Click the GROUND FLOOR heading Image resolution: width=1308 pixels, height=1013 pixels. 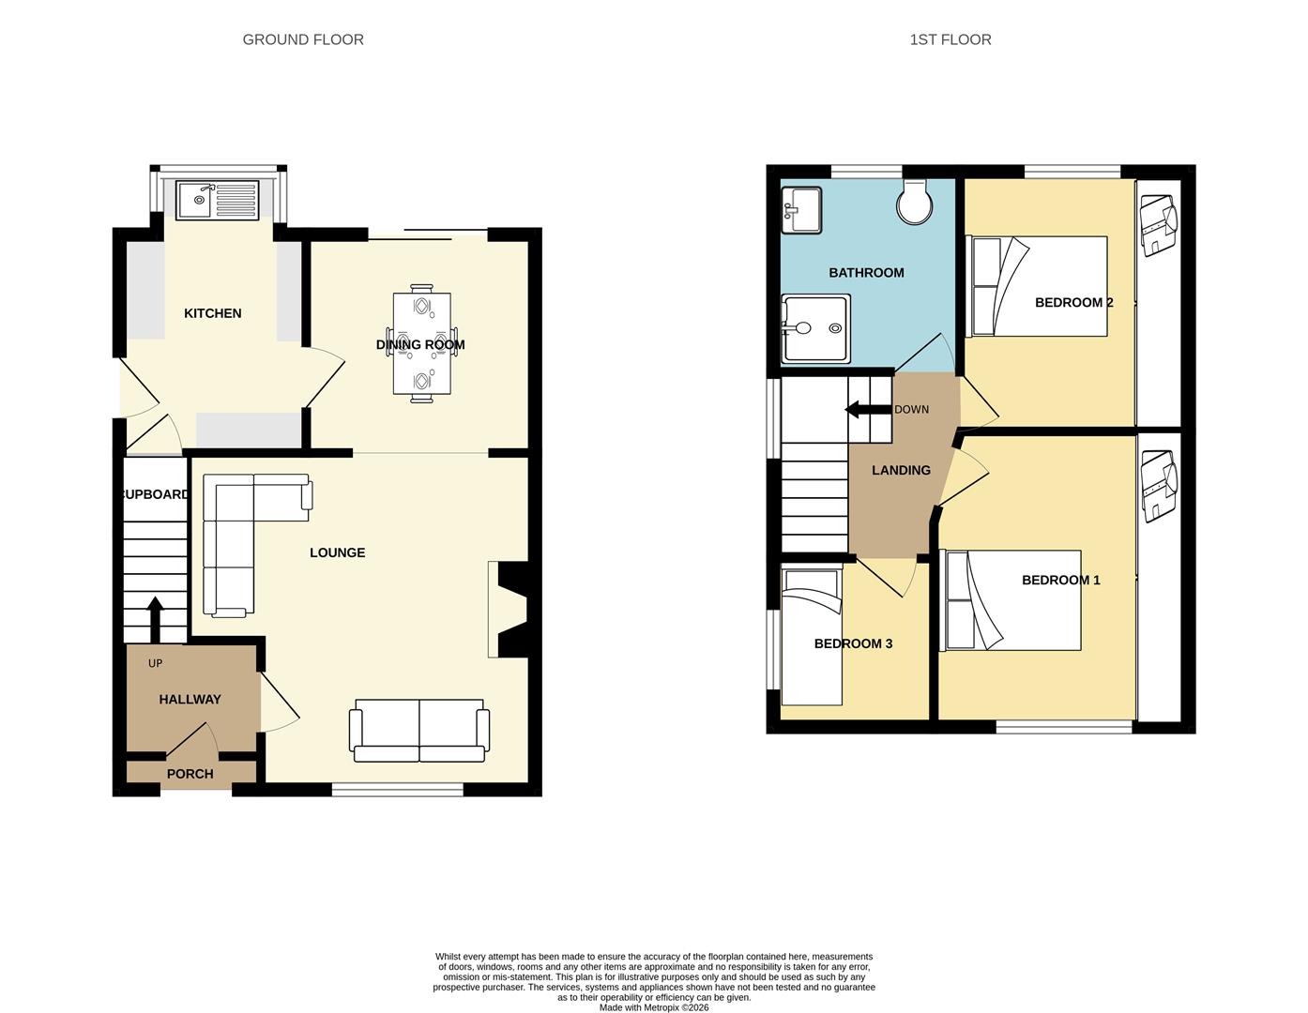coord(303,39)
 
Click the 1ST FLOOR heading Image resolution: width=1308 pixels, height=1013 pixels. coord(950,39)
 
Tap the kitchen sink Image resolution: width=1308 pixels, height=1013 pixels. coord(218,200)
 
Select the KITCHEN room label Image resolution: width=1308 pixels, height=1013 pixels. coord(212,313)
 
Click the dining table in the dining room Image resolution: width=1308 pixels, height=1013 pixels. coord(421,345)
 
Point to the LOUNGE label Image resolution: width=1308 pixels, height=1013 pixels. coord(337,553)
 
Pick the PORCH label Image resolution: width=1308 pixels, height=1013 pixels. coord(190,774)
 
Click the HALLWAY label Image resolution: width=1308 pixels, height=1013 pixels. coord(190,700)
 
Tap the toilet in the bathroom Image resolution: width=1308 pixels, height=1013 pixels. coord(913,201)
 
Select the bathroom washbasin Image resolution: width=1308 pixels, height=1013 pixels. coord(800,208)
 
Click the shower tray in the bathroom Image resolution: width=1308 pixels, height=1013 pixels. coord(814,329)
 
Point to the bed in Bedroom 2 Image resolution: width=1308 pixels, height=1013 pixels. coord(1039,286)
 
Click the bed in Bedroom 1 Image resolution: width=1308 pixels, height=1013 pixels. coord(1012,600)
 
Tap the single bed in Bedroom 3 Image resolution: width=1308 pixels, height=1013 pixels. coord(812,647)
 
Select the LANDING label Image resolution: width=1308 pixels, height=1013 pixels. coord(901,471)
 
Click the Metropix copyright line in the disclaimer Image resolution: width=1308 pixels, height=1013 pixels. coord(654,1007)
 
